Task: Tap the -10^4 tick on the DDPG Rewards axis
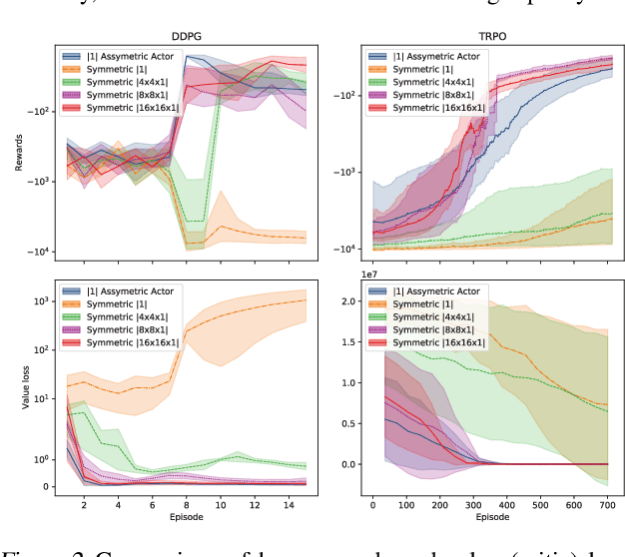coord(41,253)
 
